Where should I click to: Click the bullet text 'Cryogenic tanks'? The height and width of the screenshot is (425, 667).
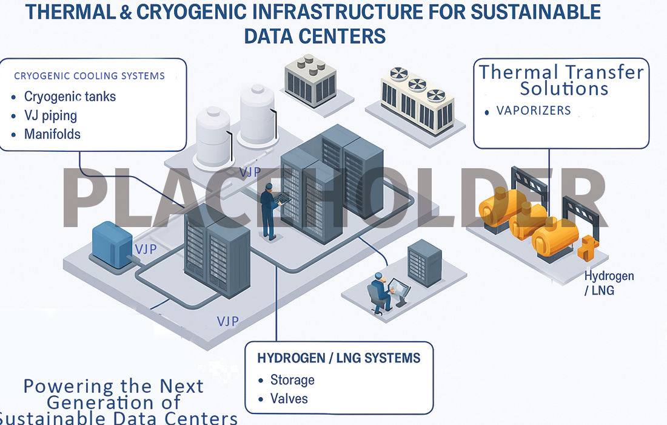click(x=70, y=97)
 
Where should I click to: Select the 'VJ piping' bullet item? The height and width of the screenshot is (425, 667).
click(x=50, y=115)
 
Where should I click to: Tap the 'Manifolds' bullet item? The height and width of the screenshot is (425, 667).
click(x=52, y=134)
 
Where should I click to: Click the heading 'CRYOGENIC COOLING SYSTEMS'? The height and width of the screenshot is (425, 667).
click(x=89, y=76)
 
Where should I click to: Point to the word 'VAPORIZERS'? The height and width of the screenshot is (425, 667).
click(x=534, y=110)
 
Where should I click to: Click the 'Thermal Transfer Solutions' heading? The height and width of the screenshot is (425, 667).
click(x=561, y=80)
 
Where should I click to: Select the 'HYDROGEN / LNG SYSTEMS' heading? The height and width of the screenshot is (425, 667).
click(x=338, y=358)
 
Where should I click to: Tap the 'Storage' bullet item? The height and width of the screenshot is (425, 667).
click(x=292, y=380)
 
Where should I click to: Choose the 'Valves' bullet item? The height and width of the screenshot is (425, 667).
click(x=289, y=399)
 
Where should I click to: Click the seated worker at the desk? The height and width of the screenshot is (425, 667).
click(x=379, y=292)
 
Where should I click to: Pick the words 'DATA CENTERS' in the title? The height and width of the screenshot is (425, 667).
click(x=315, y=36)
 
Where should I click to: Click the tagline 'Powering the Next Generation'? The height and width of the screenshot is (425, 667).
click(x=113, y=394)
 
